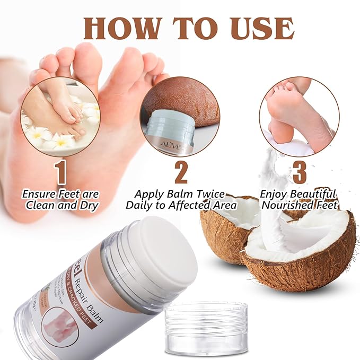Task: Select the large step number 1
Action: coord(60,172)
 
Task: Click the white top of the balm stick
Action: coord(162,255)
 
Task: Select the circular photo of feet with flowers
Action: coord(60,116)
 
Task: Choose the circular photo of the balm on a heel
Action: coord(180,116)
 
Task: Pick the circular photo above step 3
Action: coord(300,116)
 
